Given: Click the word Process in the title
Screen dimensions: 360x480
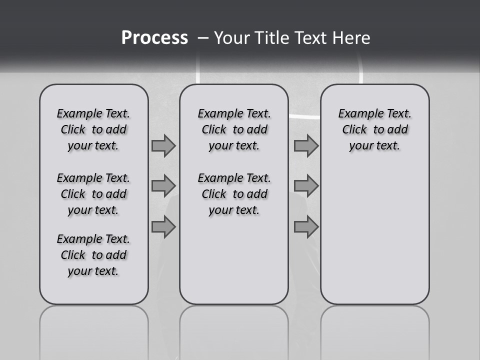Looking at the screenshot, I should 154,38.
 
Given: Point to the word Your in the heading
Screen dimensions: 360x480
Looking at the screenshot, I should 231,38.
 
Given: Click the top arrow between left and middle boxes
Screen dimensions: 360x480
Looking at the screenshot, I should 163,146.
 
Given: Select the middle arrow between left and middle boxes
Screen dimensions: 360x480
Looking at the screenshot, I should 163,186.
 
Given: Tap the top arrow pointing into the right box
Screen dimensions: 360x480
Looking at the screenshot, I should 306,146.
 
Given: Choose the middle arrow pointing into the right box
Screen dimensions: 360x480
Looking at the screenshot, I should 306,186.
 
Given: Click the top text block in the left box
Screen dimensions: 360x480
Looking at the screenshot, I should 93,129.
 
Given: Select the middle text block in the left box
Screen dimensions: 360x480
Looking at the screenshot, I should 93,194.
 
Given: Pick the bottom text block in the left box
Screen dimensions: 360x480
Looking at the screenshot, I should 93,255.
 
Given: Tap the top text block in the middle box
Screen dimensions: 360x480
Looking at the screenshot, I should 234,129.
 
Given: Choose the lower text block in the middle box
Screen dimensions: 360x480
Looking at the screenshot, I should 234,194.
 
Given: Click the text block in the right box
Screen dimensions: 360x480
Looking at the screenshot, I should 375,129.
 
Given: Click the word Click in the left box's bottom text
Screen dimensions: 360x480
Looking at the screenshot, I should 73,255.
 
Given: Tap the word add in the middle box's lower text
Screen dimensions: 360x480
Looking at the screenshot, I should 257,194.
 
